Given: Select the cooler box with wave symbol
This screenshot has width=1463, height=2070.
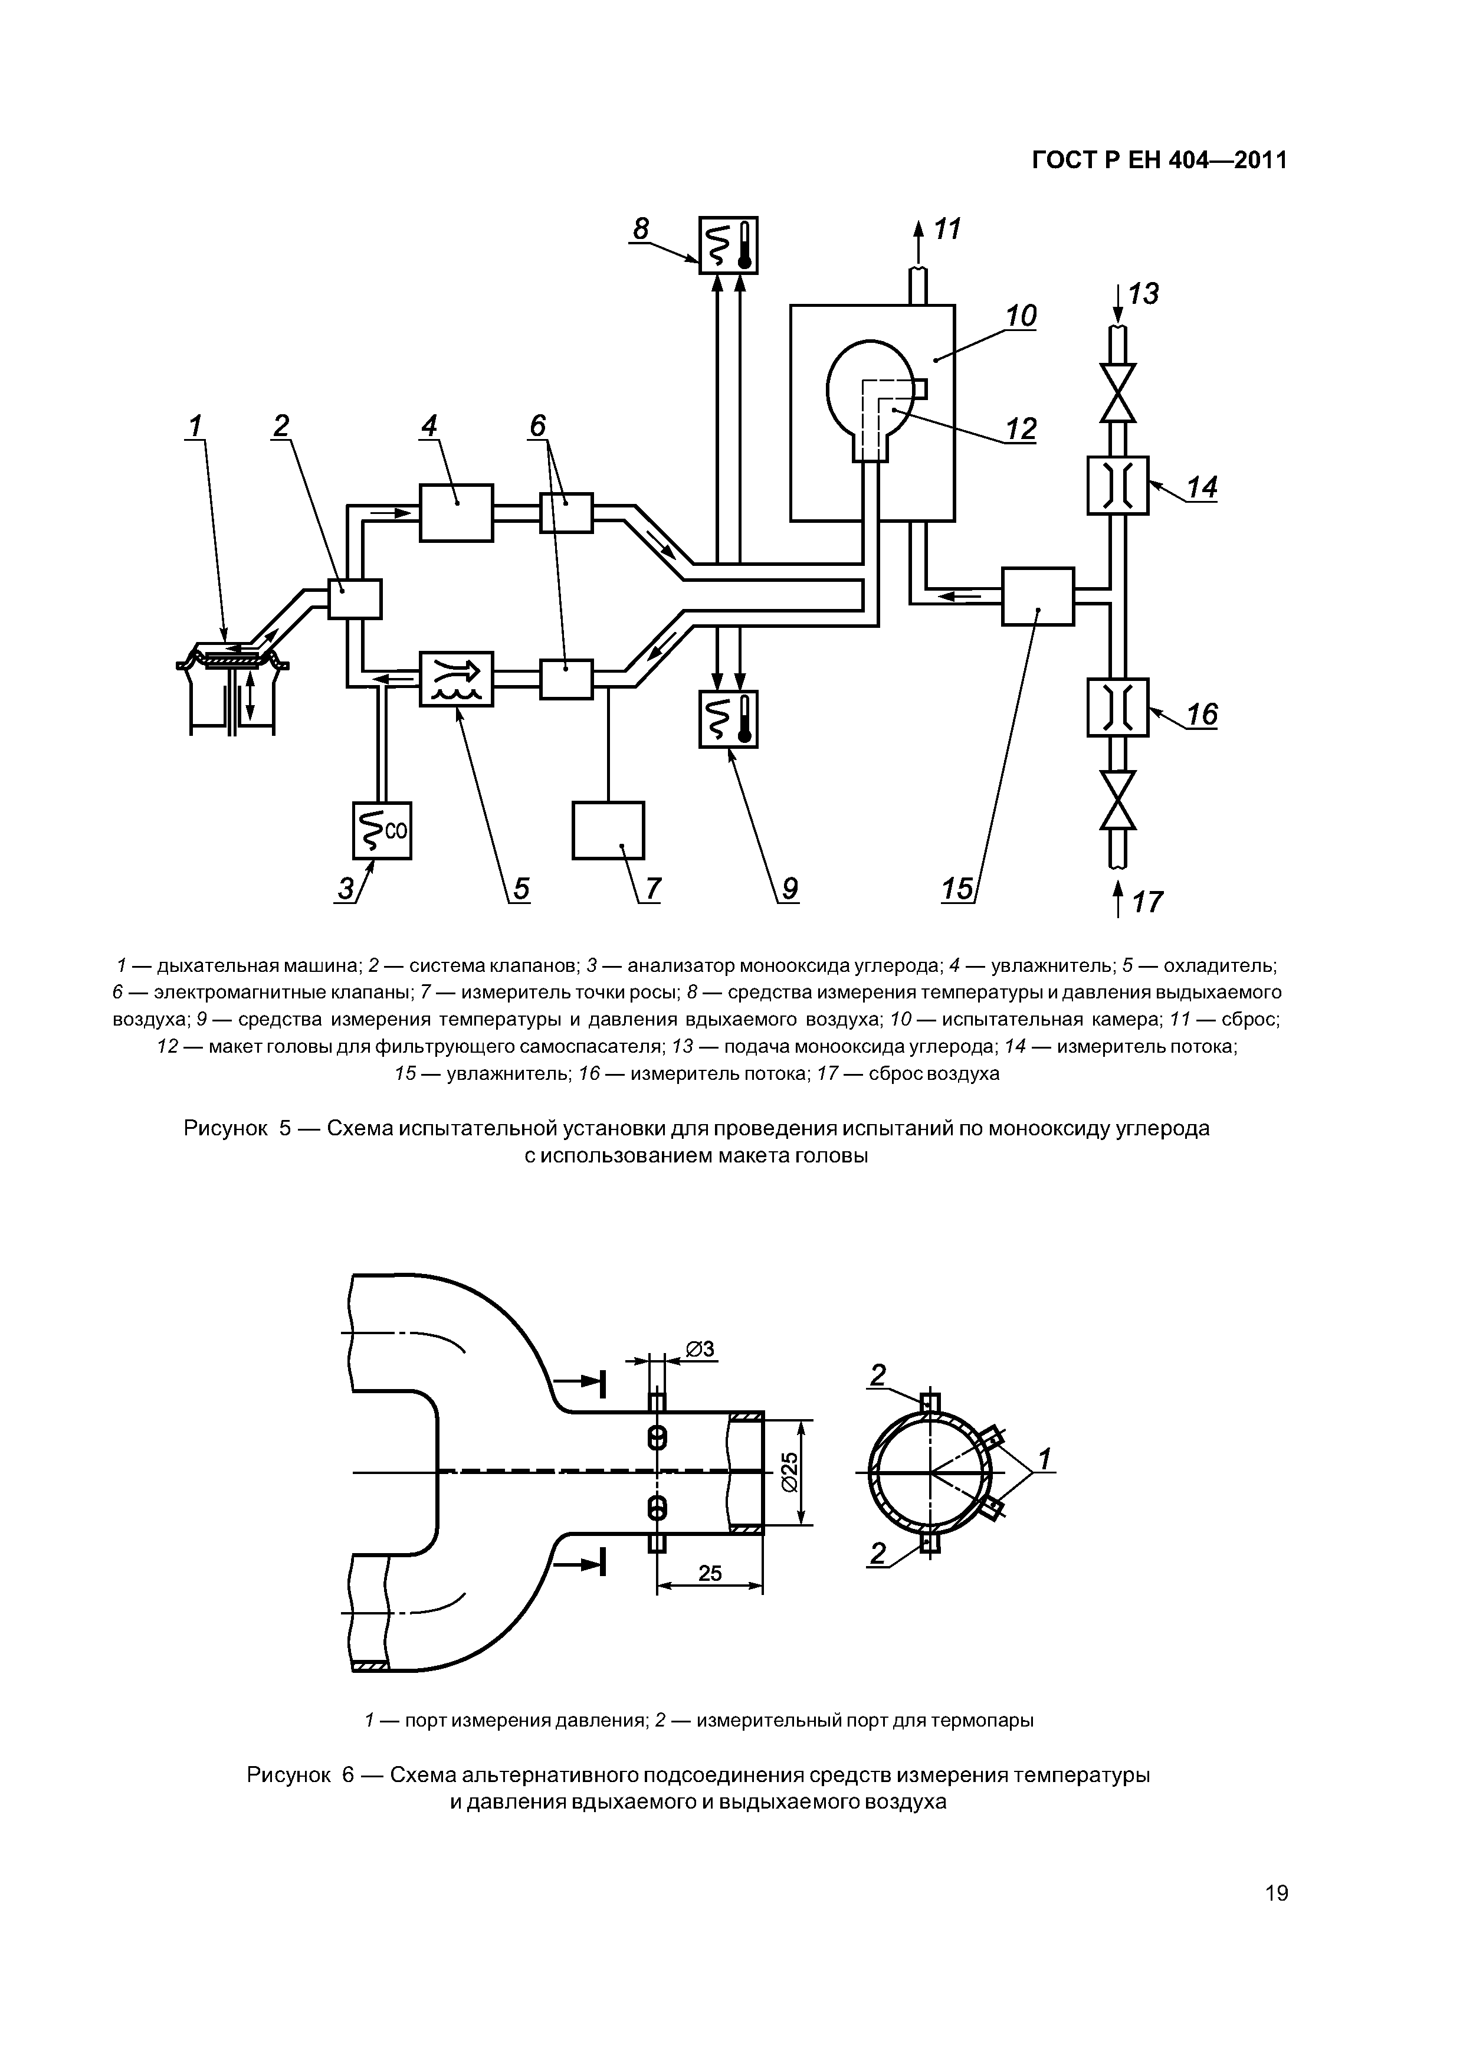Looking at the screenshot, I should (456, 679).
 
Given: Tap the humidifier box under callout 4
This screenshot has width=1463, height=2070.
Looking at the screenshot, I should (456, 512).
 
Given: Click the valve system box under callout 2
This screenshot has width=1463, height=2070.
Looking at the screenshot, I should (355, 599).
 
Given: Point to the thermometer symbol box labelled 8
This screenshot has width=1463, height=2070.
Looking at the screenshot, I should (729, 245).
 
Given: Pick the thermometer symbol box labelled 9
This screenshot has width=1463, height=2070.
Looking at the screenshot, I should (729, 719).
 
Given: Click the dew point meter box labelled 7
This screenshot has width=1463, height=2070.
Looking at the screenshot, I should (608, 830).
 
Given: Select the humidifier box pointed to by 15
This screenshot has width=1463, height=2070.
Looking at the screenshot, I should (1038, 596).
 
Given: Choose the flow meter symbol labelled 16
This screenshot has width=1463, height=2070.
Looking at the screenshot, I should (1118, 708).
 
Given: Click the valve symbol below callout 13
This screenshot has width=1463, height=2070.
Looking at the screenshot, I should (1118, 393).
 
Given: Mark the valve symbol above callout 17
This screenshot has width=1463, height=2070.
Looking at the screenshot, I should (1118, 800).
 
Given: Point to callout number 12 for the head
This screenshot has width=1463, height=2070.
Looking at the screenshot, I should (1021, 429).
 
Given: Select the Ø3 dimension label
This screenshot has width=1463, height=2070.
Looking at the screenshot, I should (700, 1349).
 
